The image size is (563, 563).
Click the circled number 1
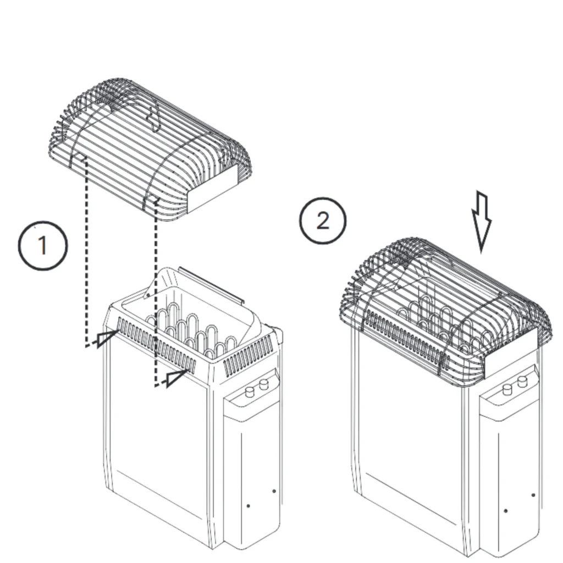43,246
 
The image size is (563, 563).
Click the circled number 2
323,221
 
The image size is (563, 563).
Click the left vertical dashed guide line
85,253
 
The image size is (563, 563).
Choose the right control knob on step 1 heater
264,384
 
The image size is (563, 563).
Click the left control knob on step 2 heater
507,389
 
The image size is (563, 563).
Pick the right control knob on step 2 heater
522,381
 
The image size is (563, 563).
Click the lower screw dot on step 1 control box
247,506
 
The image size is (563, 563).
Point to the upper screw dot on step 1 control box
274,491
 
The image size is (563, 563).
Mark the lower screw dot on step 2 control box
506,511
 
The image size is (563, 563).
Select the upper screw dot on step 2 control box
532,495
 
